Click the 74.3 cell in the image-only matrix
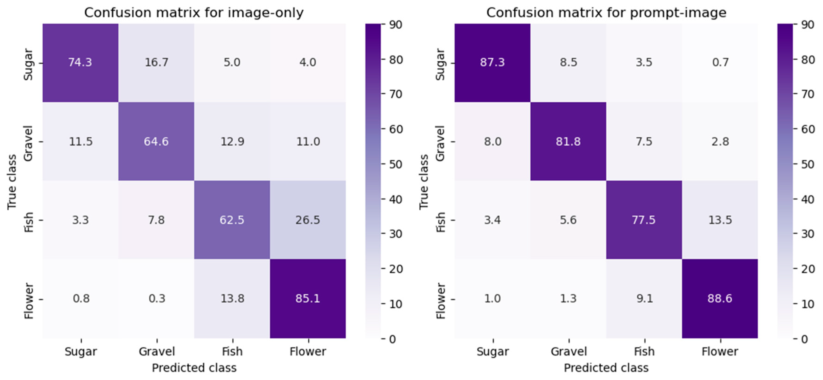pyautogui.click(x=80, y=62)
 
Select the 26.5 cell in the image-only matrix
pyautogui.click(x=307, y=220)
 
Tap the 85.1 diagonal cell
pyautogui.click(x=307, y=298)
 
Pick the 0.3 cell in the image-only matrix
pyautogui.click(x=157, y=298)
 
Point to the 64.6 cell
pyautogui.click(x=156, y=141)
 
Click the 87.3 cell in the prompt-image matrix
pyautogui.click(x=492, y=62)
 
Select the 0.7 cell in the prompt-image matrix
pyautogui.click(x=720, y=62)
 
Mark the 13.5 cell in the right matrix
pyautogui.click(x=720, y=220)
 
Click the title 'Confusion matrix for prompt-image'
pyautogui.click(x=606, y=13)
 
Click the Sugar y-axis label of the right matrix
pyautogui.click(x=440, y=64)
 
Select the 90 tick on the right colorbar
pyautogui.click(x=808, y=25)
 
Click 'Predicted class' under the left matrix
pyautogui.click(x=194, y=368)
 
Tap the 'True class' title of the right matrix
pyautogui.click(x=423, y=182)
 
